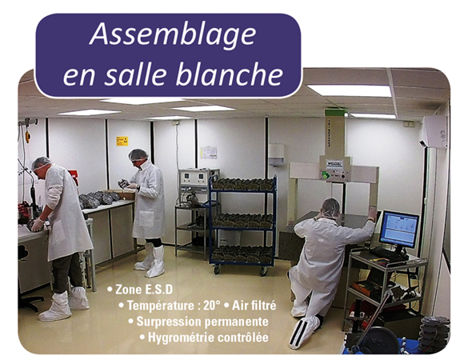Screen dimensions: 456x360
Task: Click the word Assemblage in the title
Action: (x=173, y=35)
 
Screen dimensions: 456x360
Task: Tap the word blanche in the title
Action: (x=229, y=74)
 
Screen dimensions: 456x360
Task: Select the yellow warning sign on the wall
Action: (x=122, y=141)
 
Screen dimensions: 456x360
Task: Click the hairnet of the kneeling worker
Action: (x=330, y=207)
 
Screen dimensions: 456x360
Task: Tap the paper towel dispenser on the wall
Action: (x=276, y=154)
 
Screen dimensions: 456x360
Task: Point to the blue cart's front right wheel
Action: (x=263, y=271)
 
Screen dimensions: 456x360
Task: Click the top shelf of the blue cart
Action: (x=242, y=189)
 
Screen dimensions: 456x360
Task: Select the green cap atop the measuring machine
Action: (x=334, y=112)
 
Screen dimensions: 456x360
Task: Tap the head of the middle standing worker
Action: (x=138, y=157)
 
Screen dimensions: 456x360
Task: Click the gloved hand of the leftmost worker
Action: (x=37, y=225)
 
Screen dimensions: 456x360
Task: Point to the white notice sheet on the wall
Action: (x=208, y=153)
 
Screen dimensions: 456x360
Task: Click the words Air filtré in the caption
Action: (x=254, y=306)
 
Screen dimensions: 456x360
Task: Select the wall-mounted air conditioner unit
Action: (x=434, y=131)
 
